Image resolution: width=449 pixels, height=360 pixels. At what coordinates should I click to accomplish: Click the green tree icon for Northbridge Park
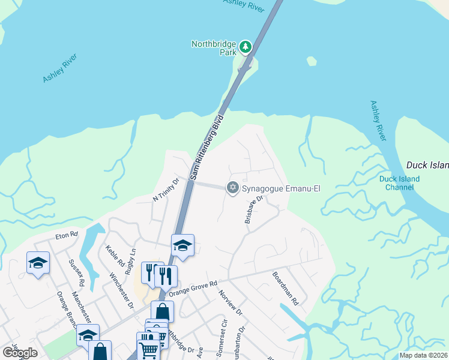[245, 46]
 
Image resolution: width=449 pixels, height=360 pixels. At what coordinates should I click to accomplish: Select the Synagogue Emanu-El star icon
[232, 188]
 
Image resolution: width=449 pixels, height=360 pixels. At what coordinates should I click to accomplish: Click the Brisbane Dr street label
[255, 209]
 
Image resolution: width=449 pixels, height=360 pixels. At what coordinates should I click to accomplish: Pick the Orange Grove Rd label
[193, 289]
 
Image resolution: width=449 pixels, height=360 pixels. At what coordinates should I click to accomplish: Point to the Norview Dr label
[230, 304]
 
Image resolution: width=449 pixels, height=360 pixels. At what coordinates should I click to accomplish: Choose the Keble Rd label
[115, 256]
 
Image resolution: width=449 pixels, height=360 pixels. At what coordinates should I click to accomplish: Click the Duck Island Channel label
[399, 183]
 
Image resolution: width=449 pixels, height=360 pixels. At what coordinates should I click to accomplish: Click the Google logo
[20, 353]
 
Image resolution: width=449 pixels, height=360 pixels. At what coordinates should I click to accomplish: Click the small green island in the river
[311, 61]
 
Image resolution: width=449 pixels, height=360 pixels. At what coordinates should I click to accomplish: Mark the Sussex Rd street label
[76, 273]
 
